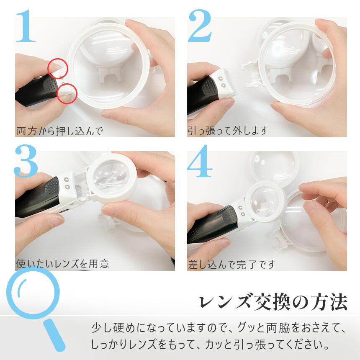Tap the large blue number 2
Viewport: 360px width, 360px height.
(x=200, y=26)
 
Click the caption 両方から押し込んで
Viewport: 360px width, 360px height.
(x=60, y=131)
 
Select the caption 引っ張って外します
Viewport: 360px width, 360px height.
(x=228, y=131)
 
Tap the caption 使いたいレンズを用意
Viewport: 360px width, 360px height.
(x=62, y=264)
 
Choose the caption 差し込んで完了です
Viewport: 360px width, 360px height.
(x=231, y=265)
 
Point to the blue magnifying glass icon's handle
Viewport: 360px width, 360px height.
(x=54, y=335)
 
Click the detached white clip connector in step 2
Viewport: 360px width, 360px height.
(x=252, y=74)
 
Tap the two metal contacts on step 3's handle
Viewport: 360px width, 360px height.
(x=67, y=183)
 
